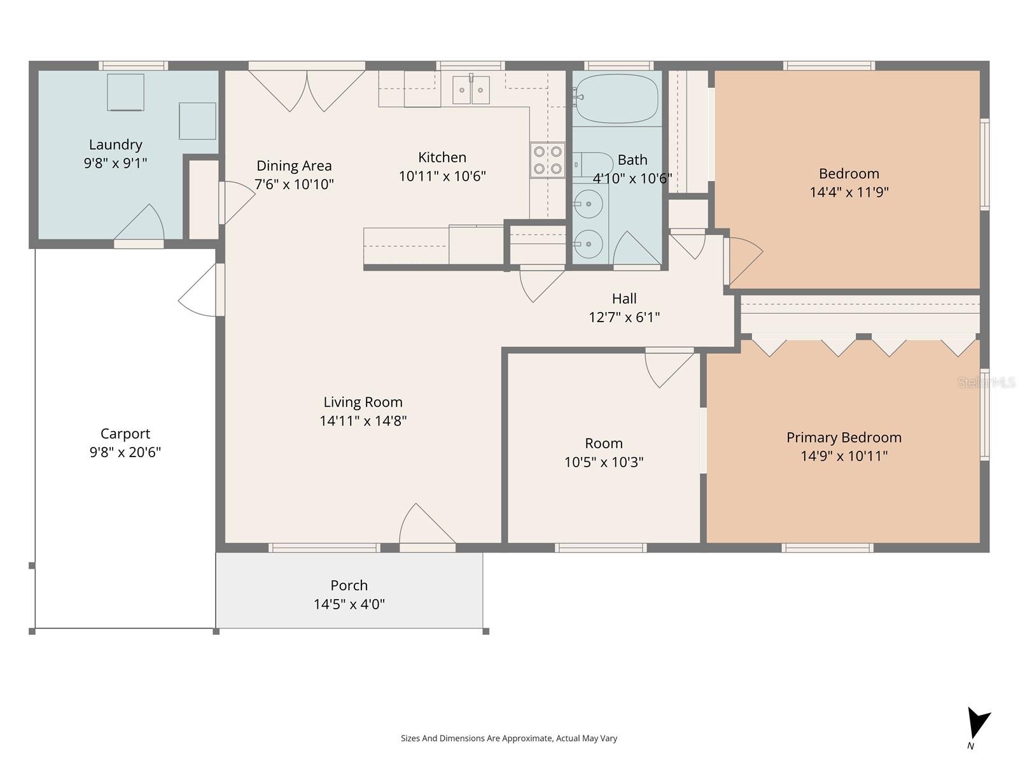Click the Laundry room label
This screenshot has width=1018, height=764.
[115, 145]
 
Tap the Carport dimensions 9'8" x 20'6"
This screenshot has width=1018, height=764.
[125, 453]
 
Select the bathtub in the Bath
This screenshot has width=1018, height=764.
[616, 99]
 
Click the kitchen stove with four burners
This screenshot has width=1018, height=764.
[548, 160]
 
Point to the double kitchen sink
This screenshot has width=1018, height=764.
[471, 90]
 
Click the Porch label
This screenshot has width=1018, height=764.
[349, 585]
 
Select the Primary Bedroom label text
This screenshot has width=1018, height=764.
[844, 437]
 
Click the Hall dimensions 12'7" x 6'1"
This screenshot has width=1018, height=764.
[624, 317]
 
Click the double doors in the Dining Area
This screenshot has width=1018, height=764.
[307, 90]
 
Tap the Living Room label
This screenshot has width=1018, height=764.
[363, 402]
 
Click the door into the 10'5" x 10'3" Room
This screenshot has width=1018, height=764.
[668, 367]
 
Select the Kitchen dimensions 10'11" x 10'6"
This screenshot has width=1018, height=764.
[442, 176]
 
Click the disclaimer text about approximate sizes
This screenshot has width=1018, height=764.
[508, 739]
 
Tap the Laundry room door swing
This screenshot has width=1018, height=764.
[141, 224]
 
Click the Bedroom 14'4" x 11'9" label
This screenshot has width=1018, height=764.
[849, 173]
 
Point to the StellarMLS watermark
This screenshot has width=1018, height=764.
[987, 382]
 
